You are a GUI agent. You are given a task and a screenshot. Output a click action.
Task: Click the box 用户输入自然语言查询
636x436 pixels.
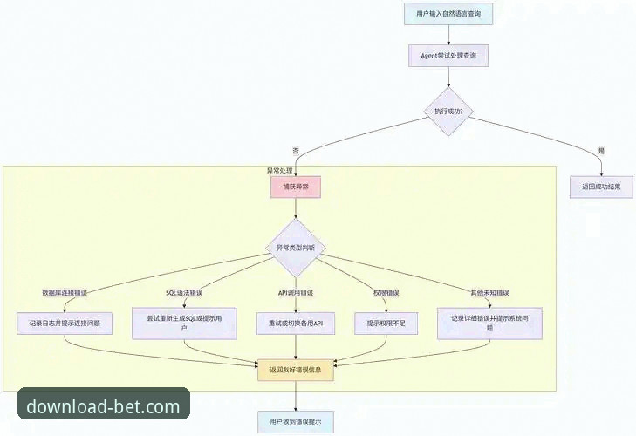click(x=448, y=14)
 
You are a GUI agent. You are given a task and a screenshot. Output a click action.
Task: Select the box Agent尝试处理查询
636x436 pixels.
click(x=448, y=55)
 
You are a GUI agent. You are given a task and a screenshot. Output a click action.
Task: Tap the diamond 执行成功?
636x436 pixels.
click(x=448, y=112)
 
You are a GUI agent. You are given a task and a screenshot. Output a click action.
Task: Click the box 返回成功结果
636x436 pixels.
click(x=601, y=187)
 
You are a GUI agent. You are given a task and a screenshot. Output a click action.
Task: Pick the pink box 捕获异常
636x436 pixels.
click(x=296, y=187)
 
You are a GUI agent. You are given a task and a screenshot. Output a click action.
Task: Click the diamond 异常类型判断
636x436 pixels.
click(x=296, y=249)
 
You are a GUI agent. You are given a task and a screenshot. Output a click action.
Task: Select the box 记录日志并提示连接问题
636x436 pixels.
click(x=65, y=323)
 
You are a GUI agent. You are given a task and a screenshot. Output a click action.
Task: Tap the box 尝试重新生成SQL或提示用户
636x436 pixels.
click(x=184, y=323)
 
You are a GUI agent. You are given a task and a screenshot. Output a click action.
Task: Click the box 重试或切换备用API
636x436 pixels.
click(x=296, y=323)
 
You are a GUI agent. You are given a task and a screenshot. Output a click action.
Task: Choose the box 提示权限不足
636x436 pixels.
click(x=386, y=323)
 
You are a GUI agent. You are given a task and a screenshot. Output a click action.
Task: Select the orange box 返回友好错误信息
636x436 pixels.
click(x=296, y=370)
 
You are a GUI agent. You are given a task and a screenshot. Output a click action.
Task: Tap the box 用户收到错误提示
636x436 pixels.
click(x=296, y=422)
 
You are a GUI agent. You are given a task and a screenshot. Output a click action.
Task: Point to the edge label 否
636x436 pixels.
click(x=296, y=151)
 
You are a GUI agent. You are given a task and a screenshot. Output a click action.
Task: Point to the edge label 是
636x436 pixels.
click(x=601, y=151)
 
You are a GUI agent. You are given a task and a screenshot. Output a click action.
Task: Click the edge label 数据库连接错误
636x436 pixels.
click(x=65, y=291)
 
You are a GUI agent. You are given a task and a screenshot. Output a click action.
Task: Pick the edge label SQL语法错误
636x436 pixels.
click(x=184, y=291)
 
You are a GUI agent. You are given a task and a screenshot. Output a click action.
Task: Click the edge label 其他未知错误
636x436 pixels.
click(x=489, y=291)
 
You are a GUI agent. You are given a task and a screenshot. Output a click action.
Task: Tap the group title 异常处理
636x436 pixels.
click(x=279, y=170)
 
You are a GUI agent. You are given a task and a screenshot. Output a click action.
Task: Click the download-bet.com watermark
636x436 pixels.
click(x=103, y=406)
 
